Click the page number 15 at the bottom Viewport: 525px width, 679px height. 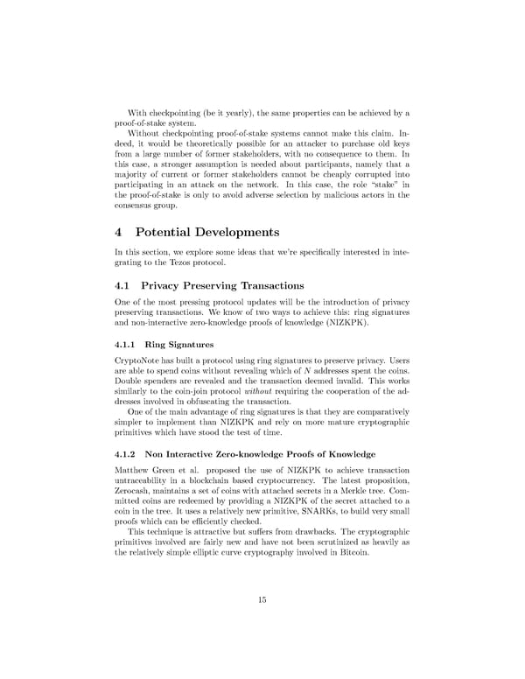coord(262,599)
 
